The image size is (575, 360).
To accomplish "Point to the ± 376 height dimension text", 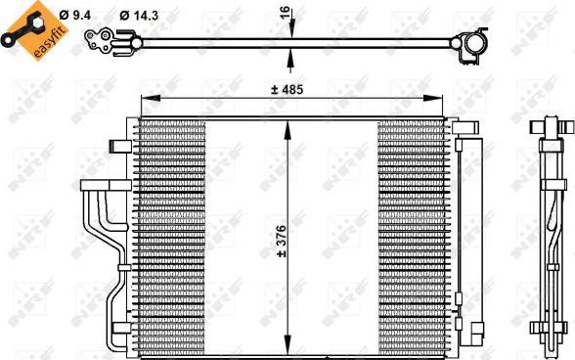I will [x=281, y=240].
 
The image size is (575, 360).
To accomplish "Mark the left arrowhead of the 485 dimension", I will [x=146, y=99].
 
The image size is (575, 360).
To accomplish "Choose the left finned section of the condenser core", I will [x=171, y=235].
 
